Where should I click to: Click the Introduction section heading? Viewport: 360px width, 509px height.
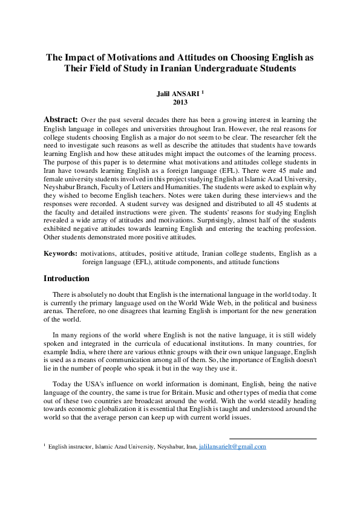(67, 279)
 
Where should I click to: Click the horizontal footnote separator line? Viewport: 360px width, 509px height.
(273, 439)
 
